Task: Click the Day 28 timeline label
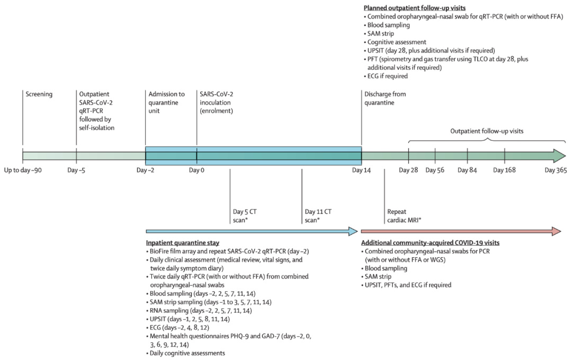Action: [x=408, y=170]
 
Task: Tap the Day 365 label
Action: [x=556, y=170]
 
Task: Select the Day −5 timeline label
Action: [x=77, y=170]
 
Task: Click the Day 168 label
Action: [x=505, y=170]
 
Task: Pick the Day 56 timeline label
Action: [x=435, y=170]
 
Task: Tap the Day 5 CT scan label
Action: [x=245, y=215]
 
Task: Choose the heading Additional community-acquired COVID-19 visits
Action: [x=430, y=242]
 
